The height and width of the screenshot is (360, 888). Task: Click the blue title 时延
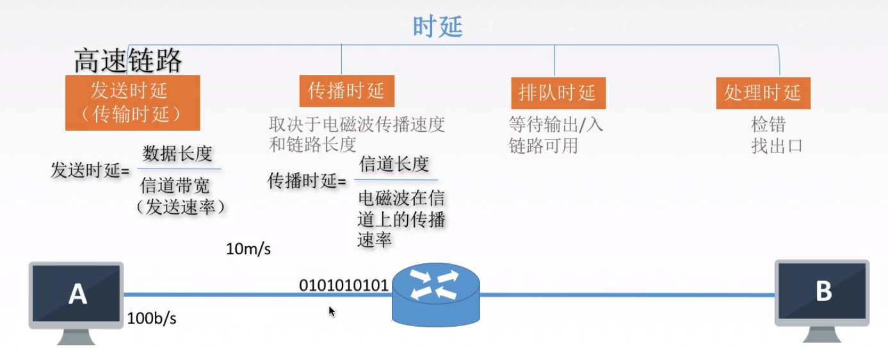[x=438, y=27]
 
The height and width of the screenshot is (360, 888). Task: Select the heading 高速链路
[x=128, y=61]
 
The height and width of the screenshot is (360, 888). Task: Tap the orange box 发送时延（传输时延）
[x=133, y=102]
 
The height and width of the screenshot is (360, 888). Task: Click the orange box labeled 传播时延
[x=346, y=91]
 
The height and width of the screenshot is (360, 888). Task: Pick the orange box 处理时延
[x=763, y=93]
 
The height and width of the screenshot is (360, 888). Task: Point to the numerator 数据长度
[x=177, y=154]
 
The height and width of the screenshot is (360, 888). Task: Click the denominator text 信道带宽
[x=175, y=186]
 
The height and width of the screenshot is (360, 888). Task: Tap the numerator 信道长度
[x=394, y=164]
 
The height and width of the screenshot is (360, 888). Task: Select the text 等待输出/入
[x=556, y=124]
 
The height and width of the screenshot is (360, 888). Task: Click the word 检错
[x=768, y=124]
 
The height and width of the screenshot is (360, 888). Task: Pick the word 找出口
[x=777, y=145]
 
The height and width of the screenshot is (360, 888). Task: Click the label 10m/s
[x=248, y=249]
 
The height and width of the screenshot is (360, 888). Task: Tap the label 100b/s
[x=152, y=318]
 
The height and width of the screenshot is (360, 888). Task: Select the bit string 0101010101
[x=344, y=285]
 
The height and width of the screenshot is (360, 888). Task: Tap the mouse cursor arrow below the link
[x=332, y=311]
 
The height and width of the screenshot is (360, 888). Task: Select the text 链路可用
[x=544, y=145]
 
